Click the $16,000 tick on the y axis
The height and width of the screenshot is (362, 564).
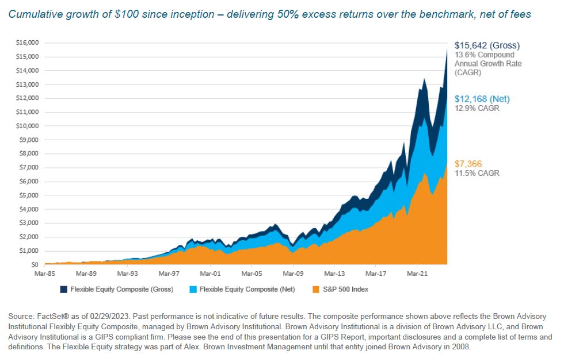click(29, 43)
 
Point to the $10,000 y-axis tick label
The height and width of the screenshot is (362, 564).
click(29, 126)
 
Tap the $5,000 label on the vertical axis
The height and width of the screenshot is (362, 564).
click(30, 195)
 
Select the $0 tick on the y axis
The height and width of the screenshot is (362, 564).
click(34, 265)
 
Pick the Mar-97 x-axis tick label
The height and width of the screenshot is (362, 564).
click(170, 274)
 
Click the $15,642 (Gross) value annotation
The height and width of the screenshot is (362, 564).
click(487, 45)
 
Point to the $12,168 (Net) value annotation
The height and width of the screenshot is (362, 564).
click(482, 99)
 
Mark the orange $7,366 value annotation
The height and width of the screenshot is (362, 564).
click(468, 164)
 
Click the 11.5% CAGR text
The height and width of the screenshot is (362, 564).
click(477, 173)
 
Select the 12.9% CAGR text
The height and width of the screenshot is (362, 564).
click(477, 108)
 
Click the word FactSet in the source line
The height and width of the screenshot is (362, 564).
click(46, 317)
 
